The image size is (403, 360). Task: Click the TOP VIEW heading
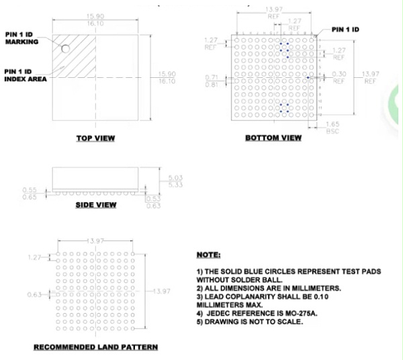click(x=95, y=138)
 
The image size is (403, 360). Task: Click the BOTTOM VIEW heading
click(x=273, y=138)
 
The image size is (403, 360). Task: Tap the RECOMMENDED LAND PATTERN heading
click(x=96, y=347)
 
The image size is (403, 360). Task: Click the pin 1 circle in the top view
click(x=66, y=49)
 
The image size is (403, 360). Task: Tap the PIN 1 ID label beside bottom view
click(x=345, y=30)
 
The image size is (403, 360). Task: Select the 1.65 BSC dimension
click(x=332, y=128)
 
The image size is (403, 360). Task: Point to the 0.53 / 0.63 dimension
click(x=154, y=201)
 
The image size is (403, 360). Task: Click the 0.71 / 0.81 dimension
click(x=212, y=82)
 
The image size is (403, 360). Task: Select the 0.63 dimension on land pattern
click(x=35, y=295)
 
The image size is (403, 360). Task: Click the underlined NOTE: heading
click(x=208, y=256)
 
